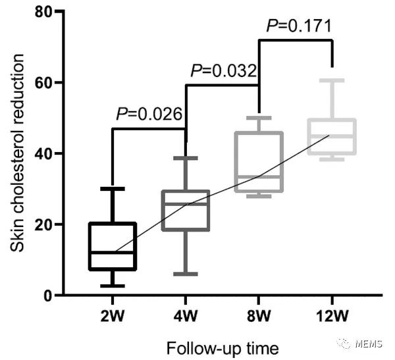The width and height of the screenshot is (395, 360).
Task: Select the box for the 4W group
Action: pyautogui.click(x=186, y=211)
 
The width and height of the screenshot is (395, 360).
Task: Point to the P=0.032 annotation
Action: pyautogui.click(x=223, y=70)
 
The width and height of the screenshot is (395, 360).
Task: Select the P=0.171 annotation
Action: pyautogui.click(x=298, y=26)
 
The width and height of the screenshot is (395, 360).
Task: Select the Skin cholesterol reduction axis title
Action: pyautogui.click(x=18, y=153)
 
